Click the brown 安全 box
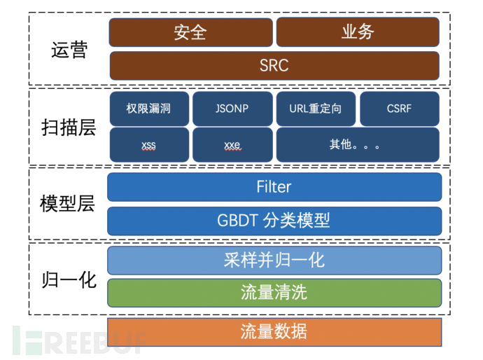pos(190,32)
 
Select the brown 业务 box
pos(358,32)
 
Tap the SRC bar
pos(274,65)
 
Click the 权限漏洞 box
pos(148,109)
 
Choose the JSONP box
pos(232,109)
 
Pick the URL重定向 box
pos(316,109)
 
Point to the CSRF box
pos(400,109)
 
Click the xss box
pos(148,145)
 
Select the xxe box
pos(232,145)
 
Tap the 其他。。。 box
pos(358,145)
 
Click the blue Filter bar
pos(274,187)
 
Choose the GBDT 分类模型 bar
pos(274,221)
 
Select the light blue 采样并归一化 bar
pos(274,260)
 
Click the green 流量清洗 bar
pos(274,293)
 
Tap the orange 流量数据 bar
pos(274,331)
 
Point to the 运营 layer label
pos(69,50)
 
